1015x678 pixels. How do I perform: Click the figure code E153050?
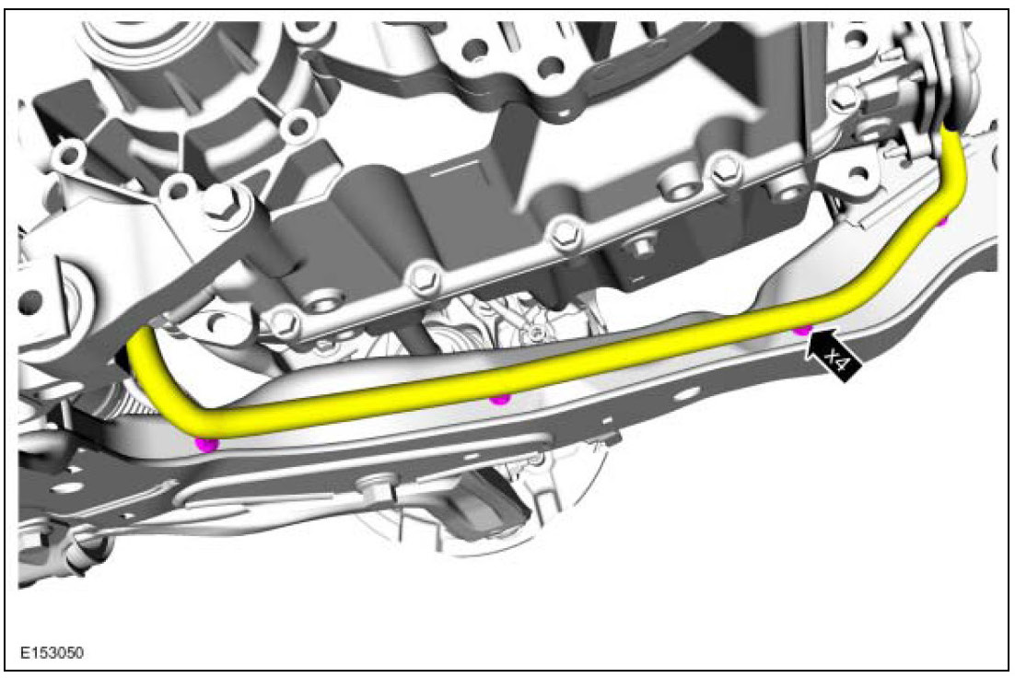click(x=52, y=652)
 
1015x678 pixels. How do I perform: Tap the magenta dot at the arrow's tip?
click(x=802, y=330)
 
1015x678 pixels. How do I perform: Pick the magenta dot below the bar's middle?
click(x=498, y=399)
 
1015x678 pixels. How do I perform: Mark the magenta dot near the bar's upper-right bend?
click(x=942, y=221)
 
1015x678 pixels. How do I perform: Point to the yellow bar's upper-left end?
click(x=141, y=337)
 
